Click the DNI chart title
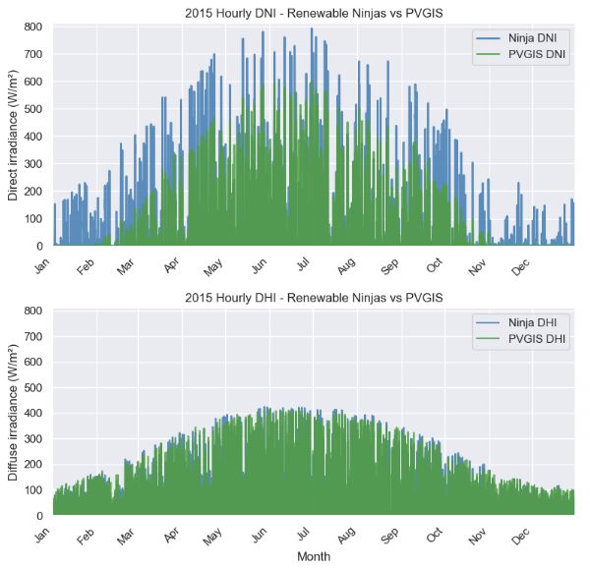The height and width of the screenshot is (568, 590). pyautogui.click(x=314, y=14)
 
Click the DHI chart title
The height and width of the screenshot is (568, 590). pyautogui.click(x=314, y=297)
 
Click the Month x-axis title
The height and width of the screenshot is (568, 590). pyautogui.click(x=314, y=556)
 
